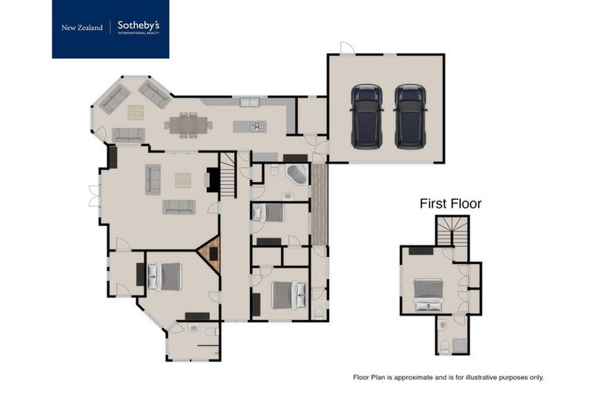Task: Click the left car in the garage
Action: point(367,116)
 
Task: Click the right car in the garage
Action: point(410,116)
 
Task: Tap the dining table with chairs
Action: point(188,123)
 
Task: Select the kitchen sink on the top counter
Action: point(249,103)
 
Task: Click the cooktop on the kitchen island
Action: point(256,127)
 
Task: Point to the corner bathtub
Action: point(296,174)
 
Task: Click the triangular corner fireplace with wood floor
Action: point(211,254)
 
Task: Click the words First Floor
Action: point(450,204)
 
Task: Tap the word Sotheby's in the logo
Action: point(138,25)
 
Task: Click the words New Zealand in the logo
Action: point(82,28)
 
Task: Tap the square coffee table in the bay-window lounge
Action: point(135,112)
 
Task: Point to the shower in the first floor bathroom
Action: point(460,345)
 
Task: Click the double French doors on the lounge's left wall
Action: point(94,196)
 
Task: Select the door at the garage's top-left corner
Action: point(347,48)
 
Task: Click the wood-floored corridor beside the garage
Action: point(319,204)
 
